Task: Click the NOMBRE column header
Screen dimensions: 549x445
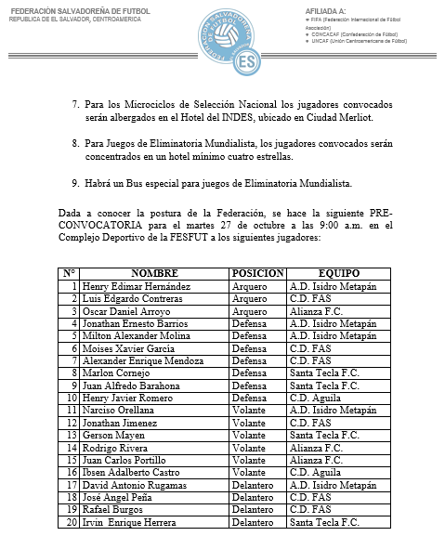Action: coord(153,274)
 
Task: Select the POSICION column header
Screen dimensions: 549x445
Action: coord(257,274)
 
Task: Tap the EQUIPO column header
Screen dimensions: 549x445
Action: coord(338,274)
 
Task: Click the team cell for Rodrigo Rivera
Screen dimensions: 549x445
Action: coord(315,448)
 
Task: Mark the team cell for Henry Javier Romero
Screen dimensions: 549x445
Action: coord(314,397)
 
